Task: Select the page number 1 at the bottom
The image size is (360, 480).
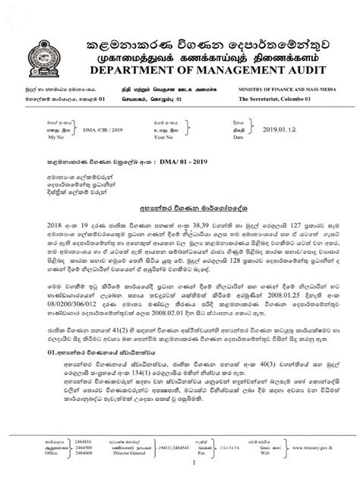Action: coord(179,465)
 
